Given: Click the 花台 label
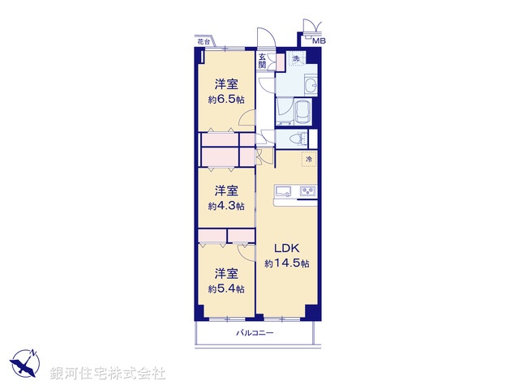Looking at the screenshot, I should click(x=204, y=41).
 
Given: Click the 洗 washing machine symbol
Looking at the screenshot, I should click(x=296, y=59).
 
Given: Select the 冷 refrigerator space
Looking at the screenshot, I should click(x=308, y=158).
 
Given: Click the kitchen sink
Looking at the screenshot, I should click(x=283, y=191).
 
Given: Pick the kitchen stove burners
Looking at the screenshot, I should click(x=308, y=191).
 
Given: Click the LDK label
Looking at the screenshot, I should click(x=286, y=247).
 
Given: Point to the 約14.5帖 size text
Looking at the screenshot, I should click(x=286, y=263).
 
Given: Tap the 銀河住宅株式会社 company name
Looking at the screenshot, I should click(x=107, y=374).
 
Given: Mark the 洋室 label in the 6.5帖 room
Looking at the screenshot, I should click(x=225, y=84).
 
